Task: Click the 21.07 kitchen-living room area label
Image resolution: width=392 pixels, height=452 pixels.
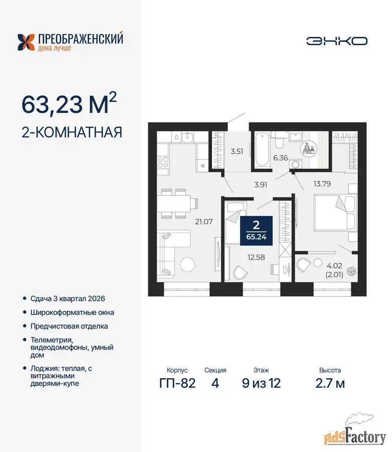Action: point(204,221)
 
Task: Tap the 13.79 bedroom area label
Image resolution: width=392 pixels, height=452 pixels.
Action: point(322,184)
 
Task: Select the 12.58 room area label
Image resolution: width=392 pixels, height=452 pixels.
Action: point(256,257)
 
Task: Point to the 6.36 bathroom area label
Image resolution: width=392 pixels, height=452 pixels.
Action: point(280,158)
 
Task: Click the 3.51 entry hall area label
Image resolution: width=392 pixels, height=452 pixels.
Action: point(237,151)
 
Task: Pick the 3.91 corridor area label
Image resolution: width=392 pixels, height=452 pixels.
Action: point(260,185)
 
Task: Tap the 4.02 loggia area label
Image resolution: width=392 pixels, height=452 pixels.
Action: point(334,266)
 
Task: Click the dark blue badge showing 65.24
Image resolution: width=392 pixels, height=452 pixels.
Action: point(256,231)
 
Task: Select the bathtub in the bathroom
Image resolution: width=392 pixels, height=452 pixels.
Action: point(262,149)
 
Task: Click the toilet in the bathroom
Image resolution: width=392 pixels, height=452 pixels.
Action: point(279,141)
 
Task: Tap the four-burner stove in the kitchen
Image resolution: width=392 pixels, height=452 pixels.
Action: point(163,162)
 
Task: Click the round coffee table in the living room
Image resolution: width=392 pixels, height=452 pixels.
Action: point(187,264)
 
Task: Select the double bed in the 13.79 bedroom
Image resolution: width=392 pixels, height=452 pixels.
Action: point(335,213)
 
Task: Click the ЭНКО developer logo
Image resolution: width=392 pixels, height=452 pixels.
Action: point(337,41)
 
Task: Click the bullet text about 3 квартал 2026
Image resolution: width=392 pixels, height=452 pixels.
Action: point(68,299)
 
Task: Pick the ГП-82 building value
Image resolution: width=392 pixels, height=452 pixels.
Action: point(177,383)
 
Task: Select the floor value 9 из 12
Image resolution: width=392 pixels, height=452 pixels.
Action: point(261,383)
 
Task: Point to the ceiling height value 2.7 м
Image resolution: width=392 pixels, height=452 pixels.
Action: point(330,383)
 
